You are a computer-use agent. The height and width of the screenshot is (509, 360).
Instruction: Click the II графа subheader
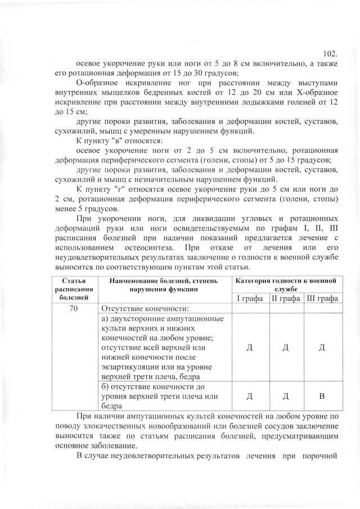pos(286,298)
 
